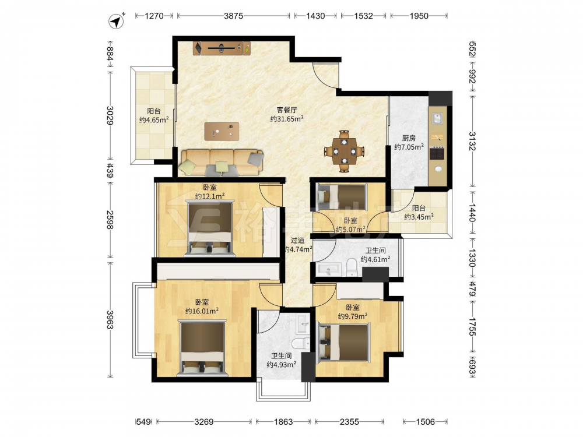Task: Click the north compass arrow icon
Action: pyautogui.click(x=117, y=21)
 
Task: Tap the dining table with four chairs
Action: pyautogui.click(x=345, y=151)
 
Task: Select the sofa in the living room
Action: pyautogui.click(x=222, y=163)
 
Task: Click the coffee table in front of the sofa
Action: pyautogui.click(x=222, y=132)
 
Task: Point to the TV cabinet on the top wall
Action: pyautogui.click(x=222, y=48)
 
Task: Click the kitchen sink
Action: pyautogui.click(x=437, y=118)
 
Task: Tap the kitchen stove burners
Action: pyautogui.click(x=437, y=153)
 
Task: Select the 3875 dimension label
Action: pyautogui.click(x=234, y=16)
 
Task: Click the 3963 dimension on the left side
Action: pyautogui.click(x=110, y=319)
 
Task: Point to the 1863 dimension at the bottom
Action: pyautogui.click(x=283, y=422)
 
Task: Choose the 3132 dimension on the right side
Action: pyautogui.click(x=472, y=141)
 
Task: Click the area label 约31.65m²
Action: pyautogui.click(x=287, y=119)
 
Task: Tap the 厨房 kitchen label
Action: pyautogui.click(x=409, y=138)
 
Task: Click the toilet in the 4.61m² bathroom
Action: pyautogui.click(x=352, y=267)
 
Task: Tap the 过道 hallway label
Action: pyautogui.click(x=297, y=241)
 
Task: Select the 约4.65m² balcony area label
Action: pyautogui.click(x=154, y=119)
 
